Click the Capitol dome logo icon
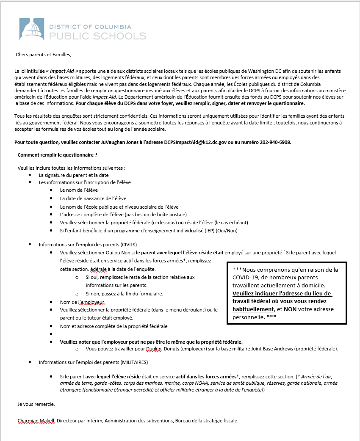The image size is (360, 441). [32, 29]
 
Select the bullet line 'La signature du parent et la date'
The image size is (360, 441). [74, 175]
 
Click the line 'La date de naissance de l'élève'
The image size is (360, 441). [93, 198]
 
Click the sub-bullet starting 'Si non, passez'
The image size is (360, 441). [124, 294]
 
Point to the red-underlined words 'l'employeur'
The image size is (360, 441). [91, 302]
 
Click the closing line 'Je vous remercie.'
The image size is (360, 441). [36, 404]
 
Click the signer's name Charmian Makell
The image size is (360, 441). [36, 421]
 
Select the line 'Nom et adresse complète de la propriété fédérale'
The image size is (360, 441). [114, 326]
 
